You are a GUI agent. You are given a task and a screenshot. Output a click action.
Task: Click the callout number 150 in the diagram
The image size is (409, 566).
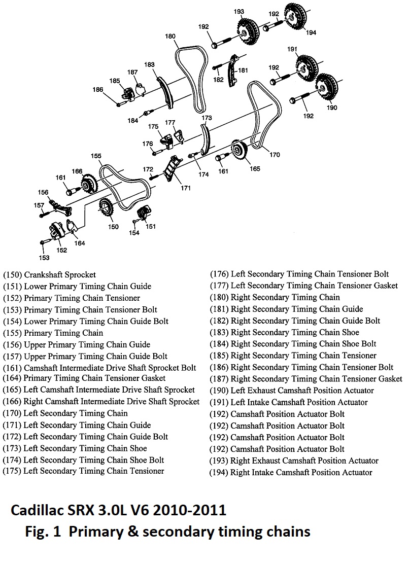113,226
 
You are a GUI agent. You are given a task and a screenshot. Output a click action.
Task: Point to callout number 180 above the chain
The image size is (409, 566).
170,36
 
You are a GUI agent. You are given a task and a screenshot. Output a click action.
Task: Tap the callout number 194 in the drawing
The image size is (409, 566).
311,32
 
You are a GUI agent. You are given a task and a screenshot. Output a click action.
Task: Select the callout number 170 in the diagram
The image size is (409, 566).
275,155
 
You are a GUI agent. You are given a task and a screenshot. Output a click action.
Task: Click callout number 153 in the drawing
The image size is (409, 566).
45,258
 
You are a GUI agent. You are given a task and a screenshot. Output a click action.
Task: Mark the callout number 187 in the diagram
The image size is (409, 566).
132,73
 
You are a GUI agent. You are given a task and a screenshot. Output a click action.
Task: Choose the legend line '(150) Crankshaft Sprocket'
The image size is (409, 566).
49,275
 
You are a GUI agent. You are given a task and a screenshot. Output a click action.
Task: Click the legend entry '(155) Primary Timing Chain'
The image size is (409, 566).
53,333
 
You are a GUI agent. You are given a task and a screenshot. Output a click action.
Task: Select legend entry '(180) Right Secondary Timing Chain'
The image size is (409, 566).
275,297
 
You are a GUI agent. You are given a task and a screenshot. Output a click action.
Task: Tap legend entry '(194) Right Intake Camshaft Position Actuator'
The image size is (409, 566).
291,473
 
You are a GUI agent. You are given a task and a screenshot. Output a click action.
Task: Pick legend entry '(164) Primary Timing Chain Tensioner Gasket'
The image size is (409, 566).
84,378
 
